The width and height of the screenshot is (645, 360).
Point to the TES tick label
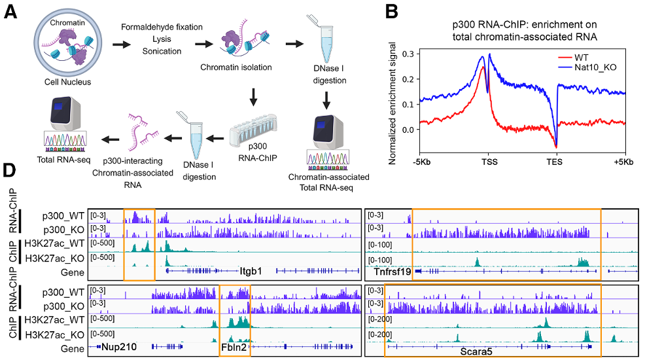point(556,162)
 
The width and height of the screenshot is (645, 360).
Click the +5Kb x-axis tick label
point(624,162)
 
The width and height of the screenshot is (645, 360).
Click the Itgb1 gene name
point(251,270)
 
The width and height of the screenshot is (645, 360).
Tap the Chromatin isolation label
point(236,67)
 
